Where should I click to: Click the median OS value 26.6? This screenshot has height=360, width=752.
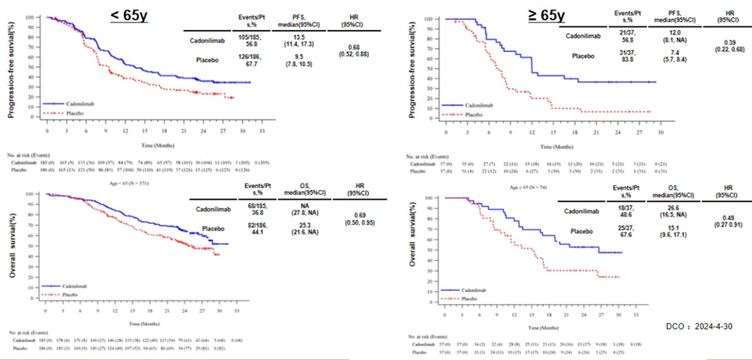(x=664, y=206)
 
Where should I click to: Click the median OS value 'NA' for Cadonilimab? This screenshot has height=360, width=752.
(x=294, y=206)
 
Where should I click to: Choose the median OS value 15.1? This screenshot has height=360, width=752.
(x=664, y=228)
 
